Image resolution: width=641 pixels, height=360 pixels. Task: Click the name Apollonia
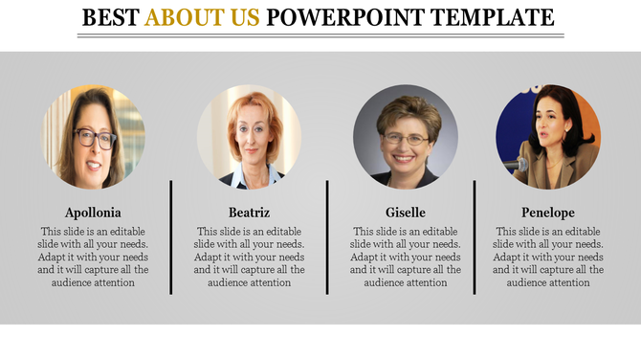tap(93, 213)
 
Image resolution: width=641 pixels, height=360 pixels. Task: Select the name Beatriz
tap(249, 213)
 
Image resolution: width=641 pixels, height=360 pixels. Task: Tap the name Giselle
tap(405, 213)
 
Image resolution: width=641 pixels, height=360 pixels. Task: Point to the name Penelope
tap(548, 213)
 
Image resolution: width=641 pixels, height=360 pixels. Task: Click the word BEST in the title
tap(111, 17)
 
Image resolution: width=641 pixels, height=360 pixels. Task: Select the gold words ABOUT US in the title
tap(202, 17)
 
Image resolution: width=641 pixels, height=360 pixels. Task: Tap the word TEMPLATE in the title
tap(492, 17)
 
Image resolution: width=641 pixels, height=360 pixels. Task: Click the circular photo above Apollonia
tap(93, 136)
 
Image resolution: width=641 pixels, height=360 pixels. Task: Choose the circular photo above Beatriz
tap(249, 136)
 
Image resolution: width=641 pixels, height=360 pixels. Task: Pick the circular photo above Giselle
tap(405, 136)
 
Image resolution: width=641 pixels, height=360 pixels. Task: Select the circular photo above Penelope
tap(548, 136)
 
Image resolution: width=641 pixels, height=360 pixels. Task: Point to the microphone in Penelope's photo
tap(518, 165)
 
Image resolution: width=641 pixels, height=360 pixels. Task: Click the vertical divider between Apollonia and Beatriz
tap(171, 236)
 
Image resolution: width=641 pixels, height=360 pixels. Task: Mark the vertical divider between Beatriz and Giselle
tap(327, 236)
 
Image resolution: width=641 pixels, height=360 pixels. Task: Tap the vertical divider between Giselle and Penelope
tap(475, 236)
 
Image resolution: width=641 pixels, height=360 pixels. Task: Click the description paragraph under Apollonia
tap(93, 258)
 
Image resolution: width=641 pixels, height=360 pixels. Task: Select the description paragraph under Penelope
tap(548, 258)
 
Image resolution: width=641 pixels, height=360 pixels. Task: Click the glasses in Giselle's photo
tap(406, 139)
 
